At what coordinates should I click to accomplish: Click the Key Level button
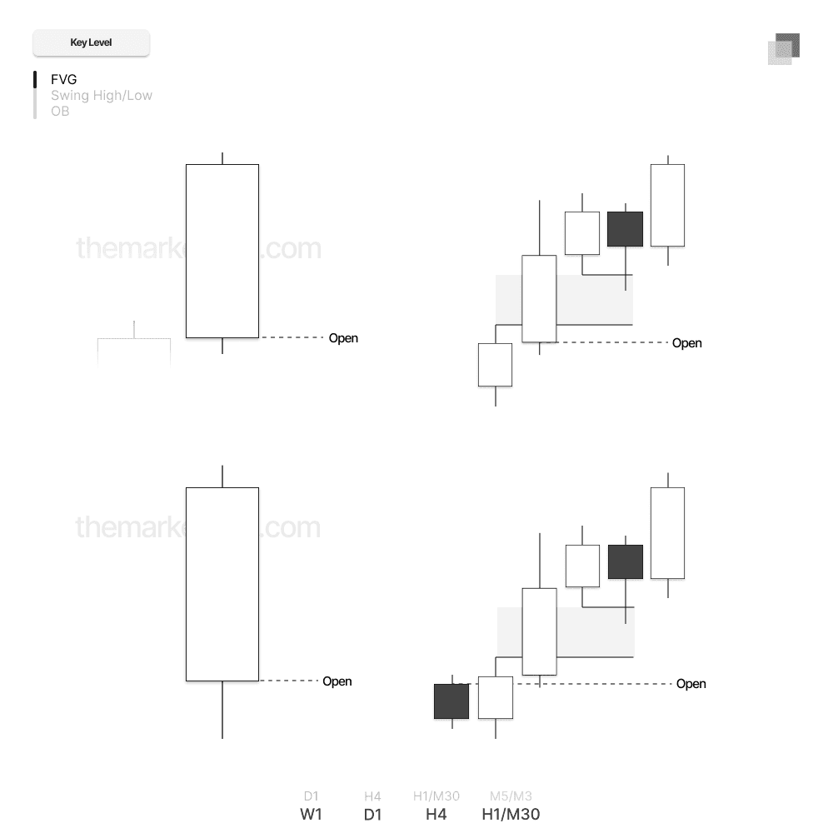(91, 42)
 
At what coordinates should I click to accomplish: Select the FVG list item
(63, 80)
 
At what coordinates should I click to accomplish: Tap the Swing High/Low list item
(101, 96)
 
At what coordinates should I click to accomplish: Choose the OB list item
(60, 111)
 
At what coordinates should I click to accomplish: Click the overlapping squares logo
(784, 49)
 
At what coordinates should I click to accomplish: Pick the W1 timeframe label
(311, 815)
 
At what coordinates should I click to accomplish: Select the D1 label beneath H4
(372, 815)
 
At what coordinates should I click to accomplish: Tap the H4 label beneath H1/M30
(436, 815)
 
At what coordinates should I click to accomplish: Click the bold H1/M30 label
(511, 815)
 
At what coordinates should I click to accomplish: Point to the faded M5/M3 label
(511, 796)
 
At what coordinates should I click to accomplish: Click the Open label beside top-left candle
(343, 338)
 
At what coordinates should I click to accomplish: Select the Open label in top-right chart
(687, 343)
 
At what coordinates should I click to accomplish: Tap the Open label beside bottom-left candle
(337, 681)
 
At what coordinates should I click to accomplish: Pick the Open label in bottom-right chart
(691, 684)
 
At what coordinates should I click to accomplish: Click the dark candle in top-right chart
(625, 229)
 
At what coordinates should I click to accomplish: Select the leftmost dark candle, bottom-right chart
(451, 701)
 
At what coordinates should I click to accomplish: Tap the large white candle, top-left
(222, 251)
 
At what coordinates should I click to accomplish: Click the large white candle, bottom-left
(222, 584)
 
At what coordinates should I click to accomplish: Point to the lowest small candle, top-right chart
(495, 365)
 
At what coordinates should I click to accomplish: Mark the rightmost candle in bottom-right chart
(667, 533)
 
